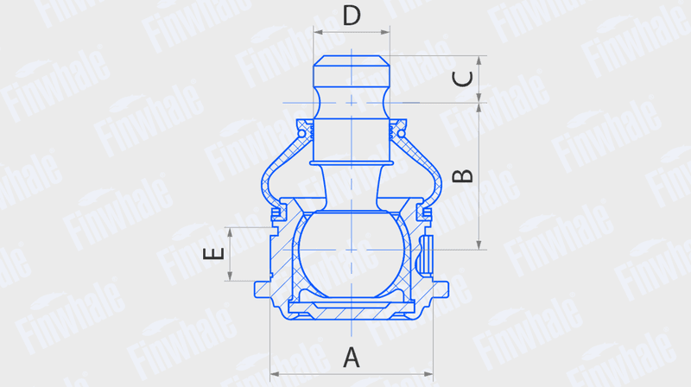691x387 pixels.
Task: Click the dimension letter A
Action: click(x=352, y=358)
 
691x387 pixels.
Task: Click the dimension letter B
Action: click(x=463, y=176)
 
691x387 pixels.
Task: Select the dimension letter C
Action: click(x=463, y=79)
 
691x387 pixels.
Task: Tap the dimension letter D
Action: click(x=352, y=15)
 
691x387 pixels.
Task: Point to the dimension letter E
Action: click(x=213, y=254)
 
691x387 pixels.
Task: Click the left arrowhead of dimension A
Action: click(x=274, y=374)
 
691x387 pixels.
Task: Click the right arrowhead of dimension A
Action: click(x=428, y=374)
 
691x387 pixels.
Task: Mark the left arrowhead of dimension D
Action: click(x=318, y=32)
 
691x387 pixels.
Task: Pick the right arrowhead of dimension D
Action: click(x=385, y=32)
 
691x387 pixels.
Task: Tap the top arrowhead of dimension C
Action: click(x=479, y=60)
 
